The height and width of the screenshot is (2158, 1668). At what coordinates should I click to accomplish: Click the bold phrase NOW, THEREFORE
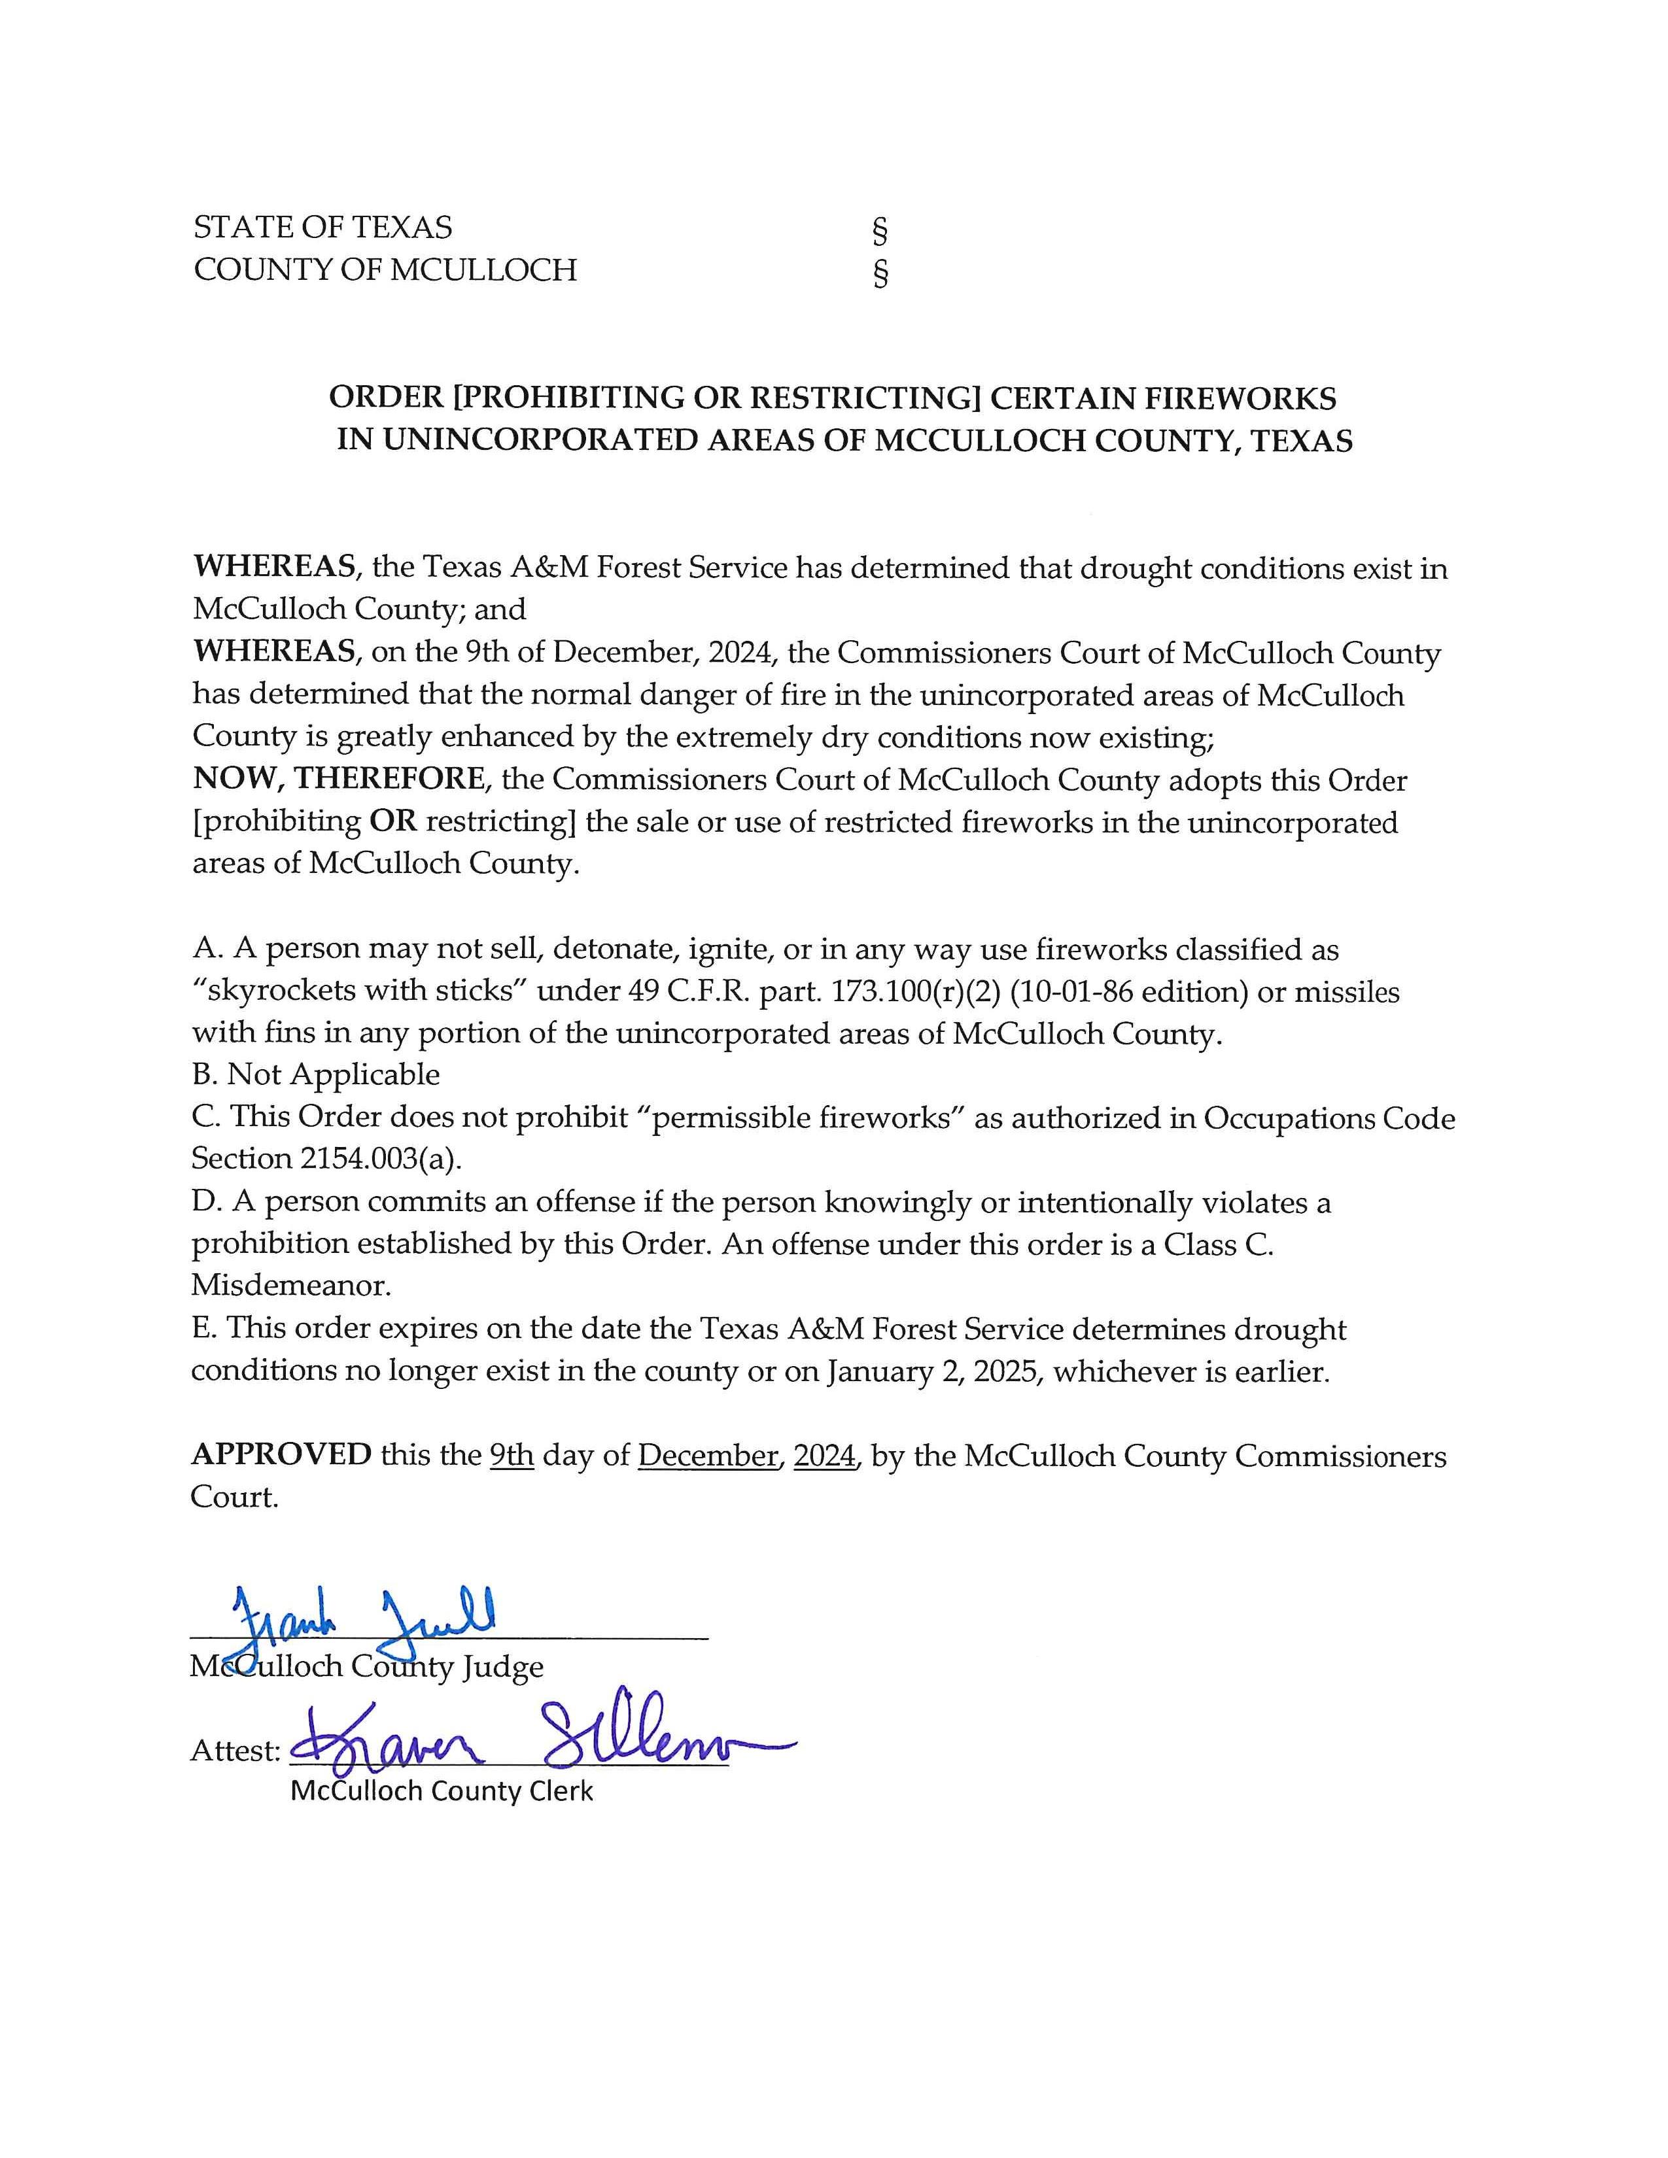click(339, 779)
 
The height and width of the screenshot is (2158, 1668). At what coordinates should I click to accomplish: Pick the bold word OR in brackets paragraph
click(392, 821)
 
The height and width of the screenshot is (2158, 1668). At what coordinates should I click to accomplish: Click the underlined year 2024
click(824, 1456)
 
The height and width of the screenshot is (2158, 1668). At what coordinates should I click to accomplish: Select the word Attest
click(235, 1751)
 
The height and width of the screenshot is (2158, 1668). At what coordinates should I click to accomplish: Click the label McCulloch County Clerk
click(441, 1790)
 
